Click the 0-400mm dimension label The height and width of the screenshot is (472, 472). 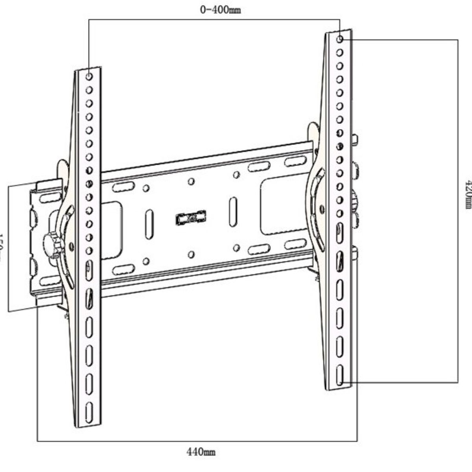(220, 10)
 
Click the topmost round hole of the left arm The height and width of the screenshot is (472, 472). (89, 76)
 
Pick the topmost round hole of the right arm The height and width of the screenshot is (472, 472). (340, 39)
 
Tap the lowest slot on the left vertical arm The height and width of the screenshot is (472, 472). (89, 409)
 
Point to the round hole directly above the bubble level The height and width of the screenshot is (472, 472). (191, 181)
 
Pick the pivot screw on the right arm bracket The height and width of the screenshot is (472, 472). (333, 206)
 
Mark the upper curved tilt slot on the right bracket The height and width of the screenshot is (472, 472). (318, 179)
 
